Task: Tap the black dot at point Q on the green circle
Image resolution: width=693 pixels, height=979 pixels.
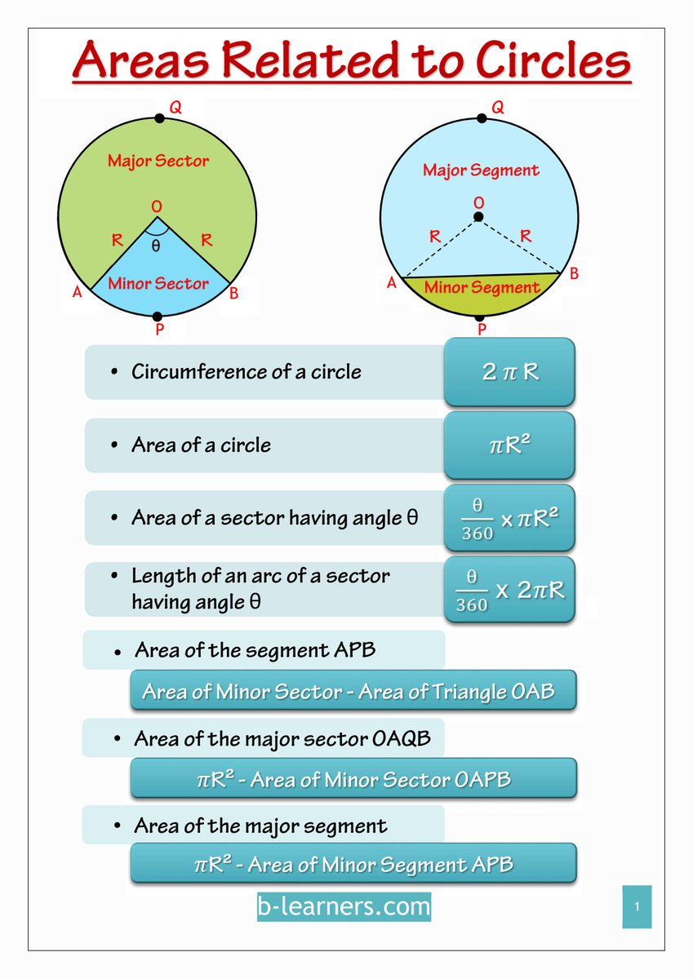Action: pyautogui.click(x=159, y=118)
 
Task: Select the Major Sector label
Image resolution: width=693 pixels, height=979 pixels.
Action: pyautogui.click(x=158, y=161)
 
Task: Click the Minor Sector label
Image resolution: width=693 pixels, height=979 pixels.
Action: pyautogui.click(x=158, y=283)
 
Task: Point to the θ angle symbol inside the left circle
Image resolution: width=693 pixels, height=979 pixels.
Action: pyautogui.click(x=155, y=245)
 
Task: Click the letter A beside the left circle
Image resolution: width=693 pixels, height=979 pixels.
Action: pyautogui.click(x=78, y=292)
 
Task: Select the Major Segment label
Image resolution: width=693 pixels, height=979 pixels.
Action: pyautogui.click(x=481, y=171)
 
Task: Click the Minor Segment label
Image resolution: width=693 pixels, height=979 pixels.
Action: pyautogui.click(x=482, y=287)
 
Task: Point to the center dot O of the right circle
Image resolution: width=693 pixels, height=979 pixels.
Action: pyautogui.click(x=478, y=216)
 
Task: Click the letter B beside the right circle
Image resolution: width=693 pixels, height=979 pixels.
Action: pyautogui.click(x=574, y=274)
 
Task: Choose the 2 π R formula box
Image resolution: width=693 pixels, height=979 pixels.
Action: pyautogui.click(x=509, y=372)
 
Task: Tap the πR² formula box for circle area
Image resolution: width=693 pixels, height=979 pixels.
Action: pyautogui.click(x=509, y=445)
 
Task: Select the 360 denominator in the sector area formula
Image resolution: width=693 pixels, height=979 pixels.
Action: pyautogui.click(x=478, y=534)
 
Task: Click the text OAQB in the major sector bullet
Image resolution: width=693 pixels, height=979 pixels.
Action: pyautogui.click(x=402, y=739)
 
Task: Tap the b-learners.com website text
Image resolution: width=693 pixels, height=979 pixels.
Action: pyautogui.click(x=344, y=906)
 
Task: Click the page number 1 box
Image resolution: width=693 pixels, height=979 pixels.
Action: pyautogui.click(x=637, y=906)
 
